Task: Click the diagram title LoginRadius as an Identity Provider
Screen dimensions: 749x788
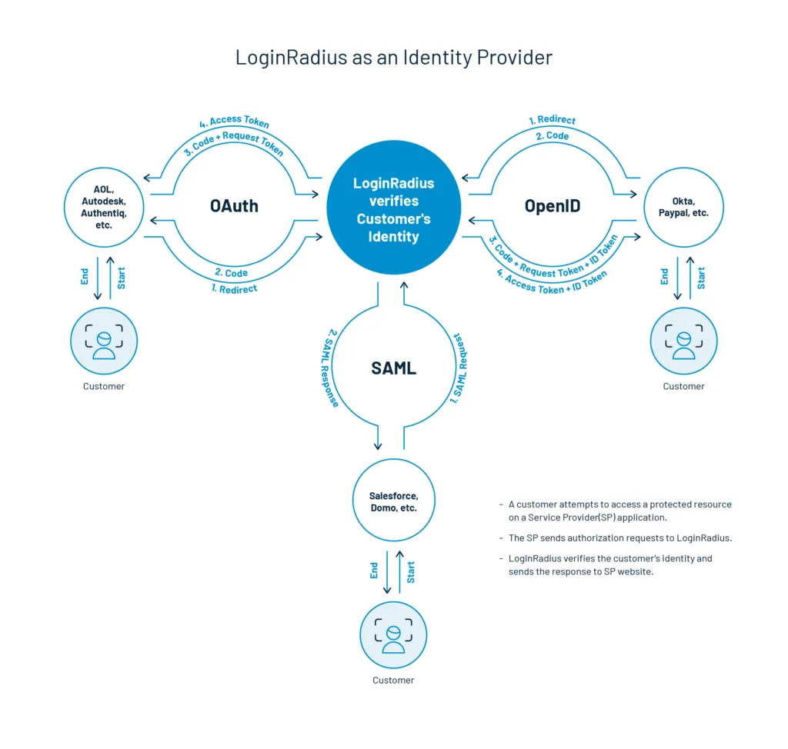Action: (x=393, y=57)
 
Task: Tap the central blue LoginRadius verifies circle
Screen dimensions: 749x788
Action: (x=393, y=210)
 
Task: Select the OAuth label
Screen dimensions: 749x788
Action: (x=234, y=206)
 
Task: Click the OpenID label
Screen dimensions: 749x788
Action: (x=552, y=206)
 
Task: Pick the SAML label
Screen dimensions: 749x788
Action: (x=393, y=368)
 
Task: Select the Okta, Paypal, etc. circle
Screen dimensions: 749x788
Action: (x=684, y=206)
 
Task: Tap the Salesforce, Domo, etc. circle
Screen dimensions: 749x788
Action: (x=393, y=501)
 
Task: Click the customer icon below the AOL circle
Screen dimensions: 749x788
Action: (x=104, y=341)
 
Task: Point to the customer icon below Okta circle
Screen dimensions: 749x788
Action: (x=683, y=341)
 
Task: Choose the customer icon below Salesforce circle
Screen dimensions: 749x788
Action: (x=393, y=635)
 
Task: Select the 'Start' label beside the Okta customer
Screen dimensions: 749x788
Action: (x=700, y=278)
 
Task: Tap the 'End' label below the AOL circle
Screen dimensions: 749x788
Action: (x=85, y=277)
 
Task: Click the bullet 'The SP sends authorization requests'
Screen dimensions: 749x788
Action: (x=619, y=538)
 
